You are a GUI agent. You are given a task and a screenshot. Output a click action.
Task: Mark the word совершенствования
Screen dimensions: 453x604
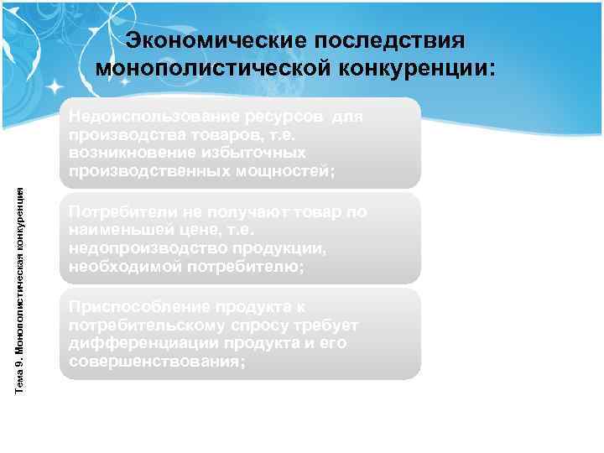point(159,362)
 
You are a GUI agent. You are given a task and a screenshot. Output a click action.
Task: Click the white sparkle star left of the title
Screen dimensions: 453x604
point(57,86)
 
